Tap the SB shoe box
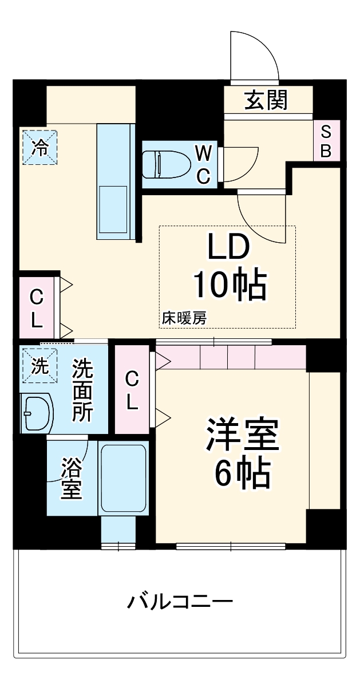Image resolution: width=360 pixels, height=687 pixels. (326, 141)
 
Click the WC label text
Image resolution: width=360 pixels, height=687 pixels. (204, 164)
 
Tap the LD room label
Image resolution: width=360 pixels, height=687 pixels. (228, 247)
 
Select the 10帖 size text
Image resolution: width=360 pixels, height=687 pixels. (229, 284)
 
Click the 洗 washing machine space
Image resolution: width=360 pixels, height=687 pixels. (39, 366)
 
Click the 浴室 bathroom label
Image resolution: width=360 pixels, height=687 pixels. (72, 477)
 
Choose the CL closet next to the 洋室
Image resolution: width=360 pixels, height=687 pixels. (132, 390)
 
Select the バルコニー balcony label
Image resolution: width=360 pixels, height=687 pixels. (180, 602)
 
